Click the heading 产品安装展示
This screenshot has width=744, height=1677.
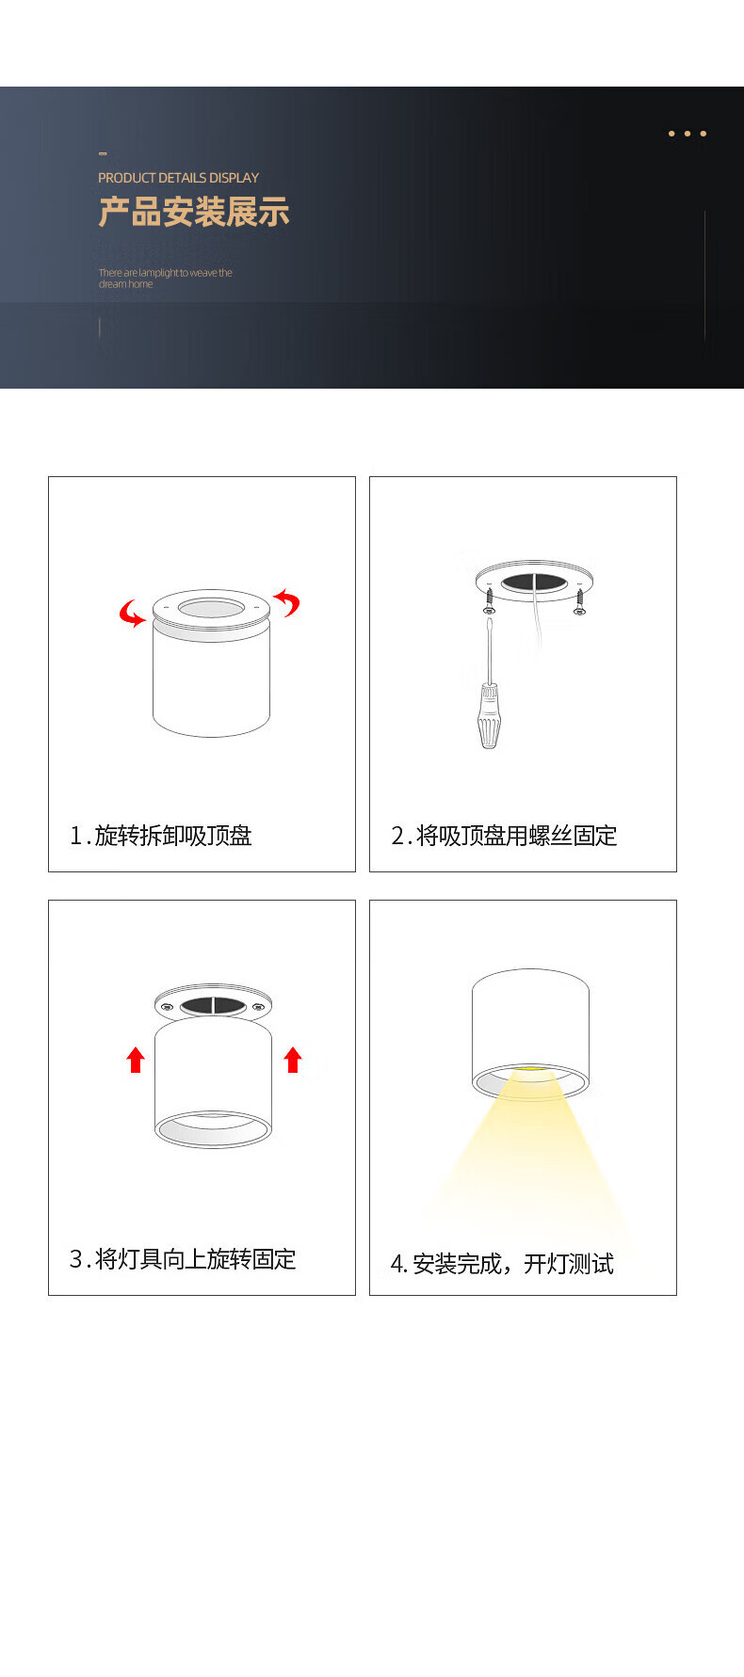(x=194, y=212)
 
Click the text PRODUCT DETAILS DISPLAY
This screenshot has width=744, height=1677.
(x=178, y=177)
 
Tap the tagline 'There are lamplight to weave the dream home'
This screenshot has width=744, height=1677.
(x=165, y=278)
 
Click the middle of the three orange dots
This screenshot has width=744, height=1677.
(x=687, y=134)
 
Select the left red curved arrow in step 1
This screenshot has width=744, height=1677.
(x=130, y=614)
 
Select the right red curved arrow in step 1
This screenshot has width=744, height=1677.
(x=287, y=601)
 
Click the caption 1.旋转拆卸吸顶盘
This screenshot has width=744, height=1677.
(x=161, y=836)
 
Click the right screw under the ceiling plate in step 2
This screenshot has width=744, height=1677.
(x=579, y=599)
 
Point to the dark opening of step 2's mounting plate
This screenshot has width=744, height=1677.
(x=534, y=583)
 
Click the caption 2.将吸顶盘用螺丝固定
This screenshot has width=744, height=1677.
(x=504, y=836)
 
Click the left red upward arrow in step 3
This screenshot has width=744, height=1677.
(x=136, y=1060)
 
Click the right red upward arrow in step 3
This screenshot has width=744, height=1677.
(x=293, y=1060)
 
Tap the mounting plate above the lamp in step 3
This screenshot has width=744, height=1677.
(x=213, y=1004)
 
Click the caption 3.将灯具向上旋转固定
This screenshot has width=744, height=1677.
(x=183, y=1259)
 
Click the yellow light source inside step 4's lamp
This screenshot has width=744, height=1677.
(x=531, y=1069)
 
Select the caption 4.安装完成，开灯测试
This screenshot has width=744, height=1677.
(x=502, y=1264)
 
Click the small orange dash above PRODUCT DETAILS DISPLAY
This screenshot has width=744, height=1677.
(x=103, y=152)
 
